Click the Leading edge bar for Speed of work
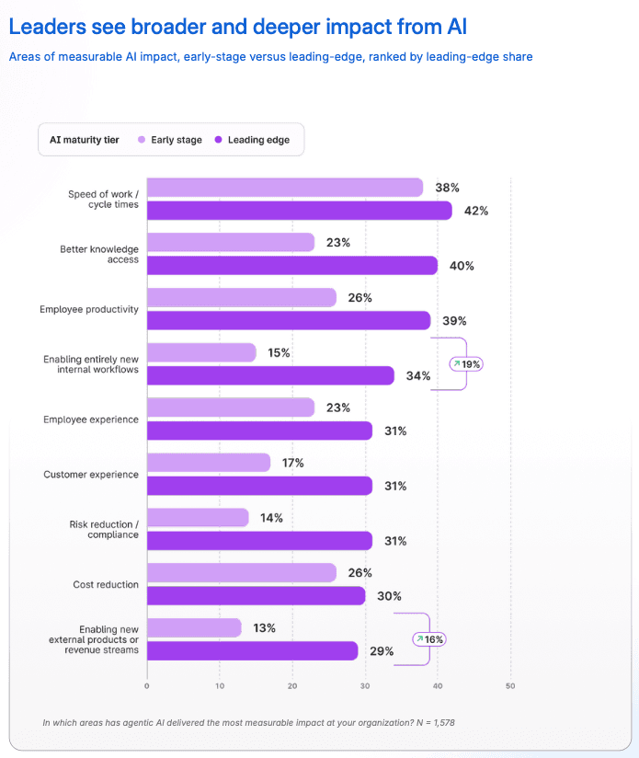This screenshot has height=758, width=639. [x=300, y=211]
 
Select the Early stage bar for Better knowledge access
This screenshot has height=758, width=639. [x=231, y=242]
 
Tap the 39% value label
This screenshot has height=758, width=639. [x=454, y=321]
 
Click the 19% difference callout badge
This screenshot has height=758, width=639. [x=466, y=364]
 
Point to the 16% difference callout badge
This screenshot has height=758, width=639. [x=428, y=639]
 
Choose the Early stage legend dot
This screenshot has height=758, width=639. [x=142, y=140]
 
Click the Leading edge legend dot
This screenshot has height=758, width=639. [x=218, y=140]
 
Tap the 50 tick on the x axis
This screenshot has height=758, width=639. [x=510, y=686]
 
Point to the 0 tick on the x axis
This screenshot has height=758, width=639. [x=147, y=686]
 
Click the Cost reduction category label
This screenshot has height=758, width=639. [x=106, y=584]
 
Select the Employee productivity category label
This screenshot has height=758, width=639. [x=89, y=309]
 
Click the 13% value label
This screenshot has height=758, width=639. [x=264, y=628]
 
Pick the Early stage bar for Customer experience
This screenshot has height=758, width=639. [x=209, y=463]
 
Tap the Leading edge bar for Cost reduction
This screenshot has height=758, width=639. [x=256, y=596]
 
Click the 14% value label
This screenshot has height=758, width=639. [x=271, y=518]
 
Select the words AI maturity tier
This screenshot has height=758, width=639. [x=84, y=140]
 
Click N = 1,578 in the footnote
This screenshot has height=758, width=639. [x=436, y=723]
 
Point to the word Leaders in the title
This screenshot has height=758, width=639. [x=47, y=27]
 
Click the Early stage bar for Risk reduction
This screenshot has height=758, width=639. [x=198, y=518]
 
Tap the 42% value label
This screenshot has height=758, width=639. [x=476, y=211]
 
